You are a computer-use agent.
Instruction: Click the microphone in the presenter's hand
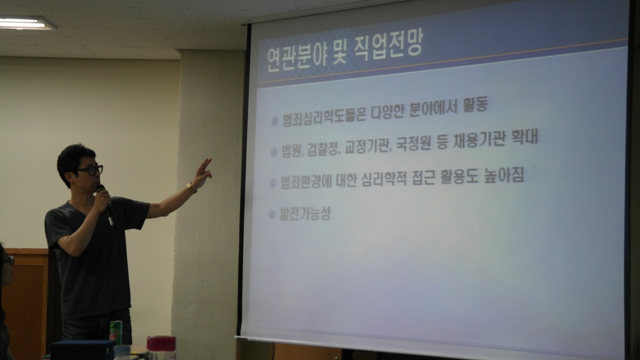(104, 204)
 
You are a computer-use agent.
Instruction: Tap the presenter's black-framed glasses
(91, 170)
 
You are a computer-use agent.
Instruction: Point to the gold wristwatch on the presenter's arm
(191, 187)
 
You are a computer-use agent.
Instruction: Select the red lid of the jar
(161, 343)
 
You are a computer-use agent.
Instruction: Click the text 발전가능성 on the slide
(305, 214)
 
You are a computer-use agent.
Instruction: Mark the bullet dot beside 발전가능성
(271, 214)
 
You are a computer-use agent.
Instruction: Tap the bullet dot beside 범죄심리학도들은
(275, 121)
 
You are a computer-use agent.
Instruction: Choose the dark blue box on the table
(82, 350)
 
